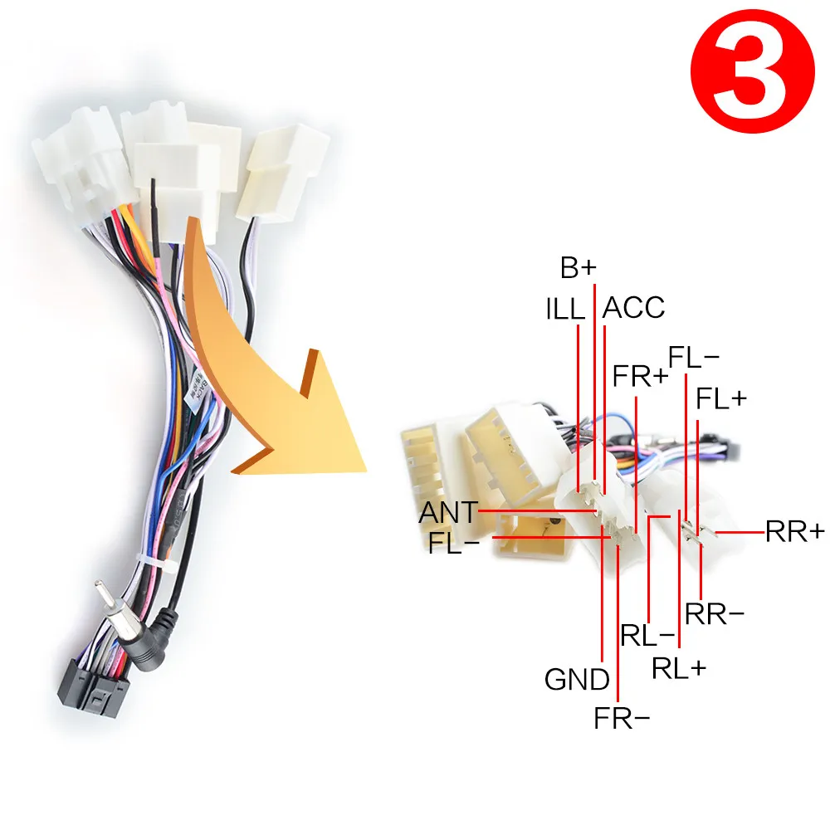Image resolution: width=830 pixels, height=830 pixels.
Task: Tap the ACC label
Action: point(634,308)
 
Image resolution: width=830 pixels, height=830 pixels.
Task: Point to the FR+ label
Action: point(640,376)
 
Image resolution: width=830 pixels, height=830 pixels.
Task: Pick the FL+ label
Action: point(721,399)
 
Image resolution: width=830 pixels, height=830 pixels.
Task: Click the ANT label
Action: point(448,512)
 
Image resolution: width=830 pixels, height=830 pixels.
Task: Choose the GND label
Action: point(577,680)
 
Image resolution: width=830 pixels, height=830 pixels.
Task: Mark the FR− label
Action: point(622,718)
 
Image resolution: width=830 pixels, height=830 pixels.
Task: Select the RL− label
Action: point(647,635)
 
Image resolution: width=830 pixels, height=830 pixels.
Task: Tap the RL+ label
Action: point(679,667)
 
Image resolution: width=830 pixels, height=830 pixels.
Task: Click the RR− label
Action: point(715,614)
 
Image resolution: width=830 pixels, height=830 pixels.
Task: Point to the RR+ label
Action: point(795,531)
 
